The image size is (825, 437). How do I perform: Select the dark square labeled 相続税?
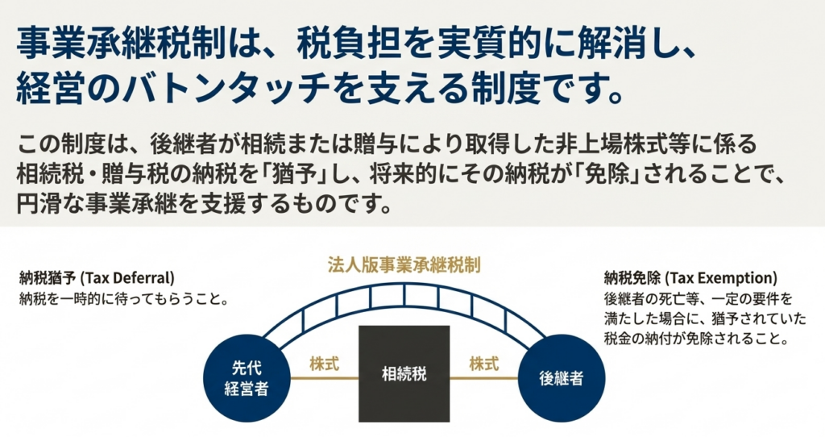404,373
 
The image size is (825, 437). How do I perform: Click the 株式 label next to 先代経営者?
324,363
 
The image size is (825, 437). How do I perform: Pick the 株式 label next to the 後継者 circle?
483,363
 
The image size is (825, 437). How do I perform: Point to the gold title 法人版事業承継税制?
404,264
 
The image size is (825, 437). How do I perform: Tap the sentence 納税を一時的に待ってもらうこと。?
122,298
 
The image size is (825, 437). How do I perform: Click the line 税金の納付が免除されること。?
694,339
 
